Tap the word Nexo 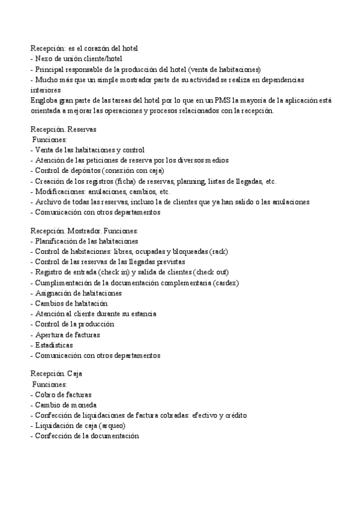click(x=45, y=59)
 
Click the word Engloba click(x=44, y=100)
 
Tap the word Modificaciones click(x=61, y=191)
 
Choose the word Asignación click(x=55, y=293)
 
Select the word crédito click(x=235, y=415)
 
